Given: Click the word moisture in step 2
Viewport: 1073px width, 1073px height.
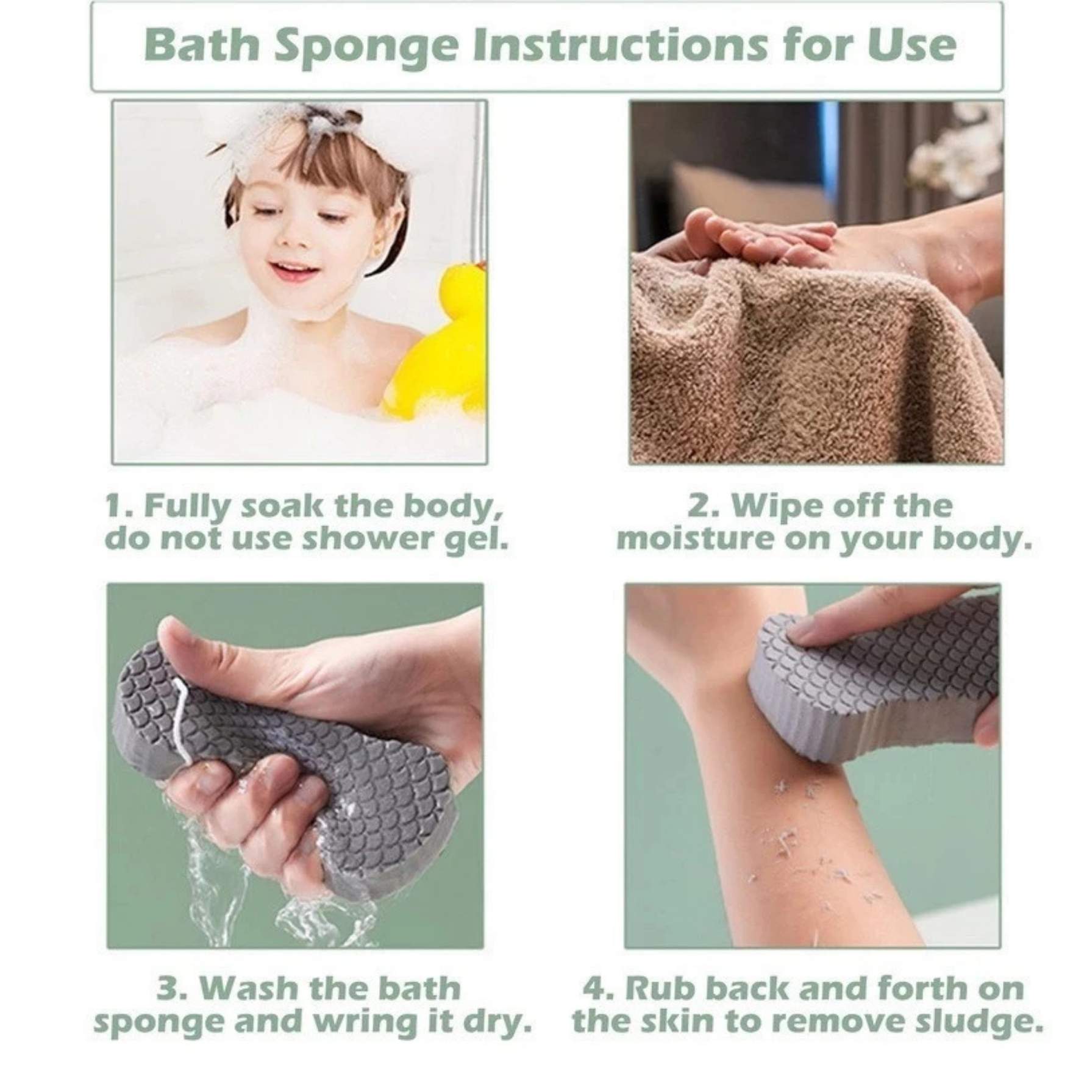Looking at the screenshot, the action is [x=696, y=539].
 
